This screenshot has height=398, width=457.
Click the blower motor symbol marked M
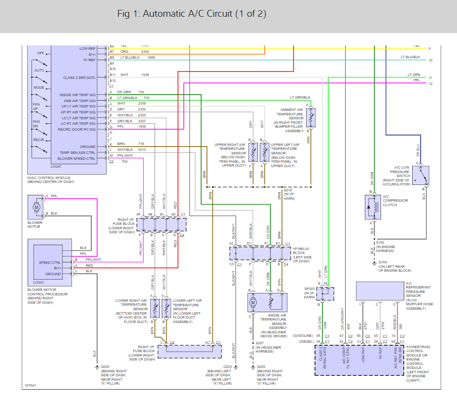click(36, 207)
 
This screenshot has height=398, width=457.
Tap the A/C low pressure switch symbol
click(423, 175)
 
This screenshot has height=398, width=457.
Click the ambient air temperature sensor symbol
click(311, 118)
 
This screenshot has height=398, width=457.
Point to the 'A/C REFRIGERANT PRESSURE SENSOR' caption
click(419, 294)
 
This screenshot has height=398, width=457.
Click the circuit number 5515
click(142, 150)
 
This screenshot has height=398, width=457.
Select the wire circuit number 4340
click(145, 52)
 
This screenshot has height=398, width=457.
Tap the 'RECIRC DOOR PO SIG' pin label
click(77, 130)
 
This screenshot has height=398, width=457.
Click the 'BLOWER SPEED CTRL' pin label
click(76, 159)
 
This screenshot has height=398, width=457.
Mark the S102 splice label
click(381, 242)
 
